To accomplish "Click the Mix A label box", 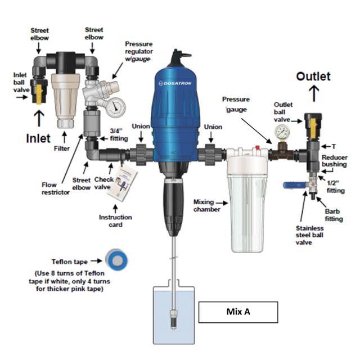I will (238, 312).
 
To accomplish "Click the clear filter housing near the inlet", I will (62, 91).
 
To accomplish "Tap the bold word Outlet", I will (313, 76).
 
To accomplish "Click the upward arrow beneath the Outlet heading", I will (313, 92).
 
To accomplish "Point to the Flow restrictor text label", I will (56, 187).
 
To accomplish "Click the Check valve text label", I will (102, 183).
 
